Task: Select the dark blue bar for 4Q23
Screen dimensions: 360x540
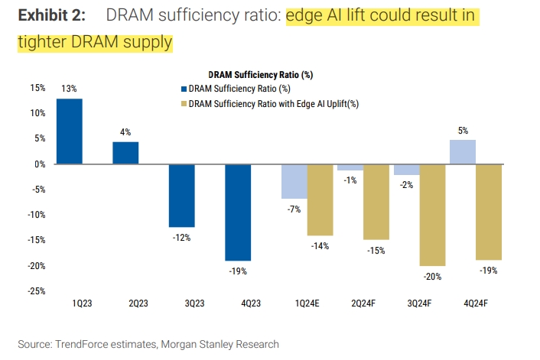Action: tap(238, 212)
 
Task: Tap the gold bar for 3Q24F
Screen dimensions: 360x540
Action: tap(433, 214)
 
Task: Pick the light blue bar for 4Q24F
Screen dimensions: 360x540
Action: tap(463, 151)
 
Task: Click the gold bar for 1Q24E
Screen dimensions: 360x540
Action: tap(320, 199)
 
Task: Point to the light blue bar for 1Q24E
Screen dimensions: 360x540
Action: tap(294, 181)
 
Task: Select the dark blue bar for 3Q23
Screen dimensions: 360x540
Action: tap(182, 195)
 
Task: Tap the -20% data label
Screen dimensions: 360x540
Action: tap(433, 277)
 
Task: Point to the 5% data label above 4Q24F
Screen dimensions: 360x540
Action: tap(463, 131)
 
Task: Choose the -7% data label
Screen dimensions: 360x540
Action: tap(293, 209)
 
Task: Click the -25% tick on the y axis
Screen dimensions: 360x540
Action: tap(37, 291)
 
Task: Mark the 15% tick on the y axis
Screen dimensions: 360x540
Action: tap(37, 88)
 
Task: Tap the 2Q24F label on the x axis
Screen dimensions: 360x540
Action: tap(363, 304)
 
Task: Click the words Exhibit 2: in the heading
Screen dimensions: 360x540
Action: tap(50, 15)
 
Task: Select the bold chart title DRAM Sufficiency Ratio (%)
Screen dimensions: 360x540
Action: tap(260, 75)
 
